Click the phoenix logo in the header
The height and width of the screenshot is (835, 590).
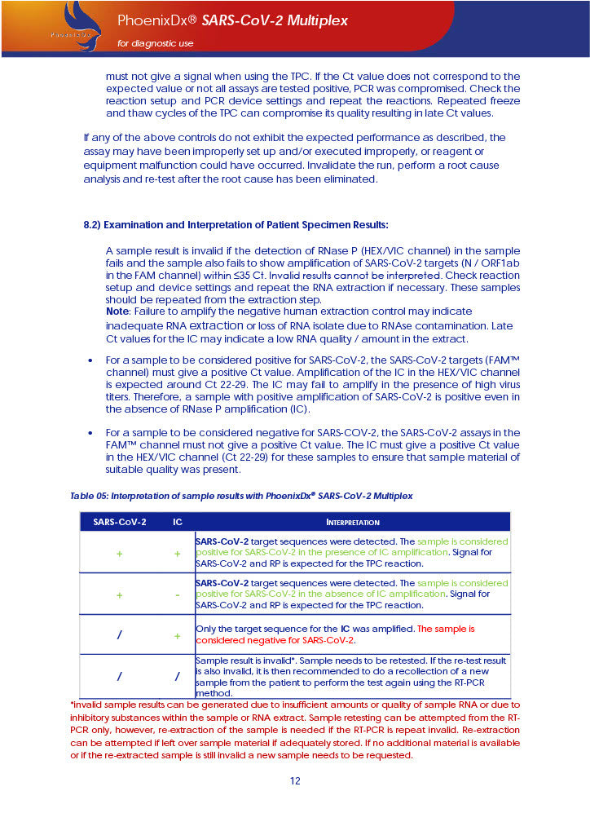coord(76,27)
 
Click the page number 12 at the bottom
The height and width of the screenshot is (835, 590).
coord(295,781)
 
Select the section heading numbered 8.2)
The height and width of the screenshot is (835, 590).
coord(236,224)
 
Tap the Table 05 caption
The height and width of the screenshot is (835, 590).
coord(241,496)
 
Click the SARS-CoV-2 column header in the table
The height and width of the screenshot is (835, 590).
coord(120,522)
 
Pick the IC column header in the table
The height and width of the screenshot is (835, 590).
coord(178,522)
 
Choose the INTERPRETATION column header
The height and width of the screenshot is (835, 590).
coord(353,522)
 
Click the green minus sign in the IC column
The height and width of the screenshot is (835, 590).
coord(178,594)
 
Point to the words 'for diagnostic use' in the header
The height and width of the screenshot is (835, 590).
coord(156,43)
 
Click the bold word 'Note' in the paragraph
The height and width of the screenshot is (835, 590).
coord(117,311)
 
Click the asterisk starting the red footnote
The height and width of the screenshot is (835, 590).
coord(73,705)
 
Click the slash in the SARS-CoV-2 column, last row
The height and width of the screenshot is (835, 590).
coord(120,676)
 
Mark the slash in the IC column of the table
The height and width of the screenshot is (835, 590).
coord(178,676)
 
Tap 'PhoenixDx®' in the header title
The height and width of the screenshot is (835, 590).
coord(146,20)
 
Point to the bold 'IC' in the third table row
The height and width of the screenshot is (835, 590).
coord(345,630)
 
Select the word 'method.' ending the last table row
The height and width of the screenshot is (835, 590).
coord(214,692)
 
